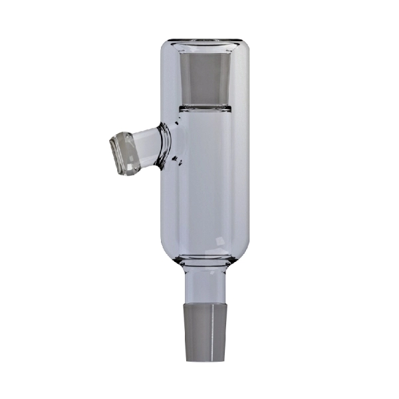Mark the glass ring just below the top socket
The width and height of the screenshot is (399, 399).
pyautogui.click(x=205, y=108)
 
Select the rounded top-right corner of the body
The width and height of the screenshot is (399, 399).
pyautogui.click(x=243, y=48)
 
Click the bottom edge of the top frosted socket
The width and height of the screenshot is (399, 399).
pyautogui.click(x=205, y=102)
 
